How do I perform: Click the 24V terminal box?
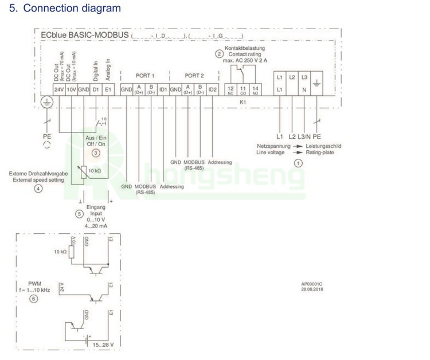tap(58, 90)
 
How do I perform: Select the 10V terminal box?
tap(71, 90)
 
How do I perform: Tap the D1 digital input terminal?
tap(96, 90)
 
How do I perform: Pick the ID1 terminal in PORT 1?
tap(163, 90)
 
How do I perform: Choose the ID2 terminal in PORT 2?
tap(212, 90)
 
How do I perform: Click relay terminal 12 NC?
tap(230, 90)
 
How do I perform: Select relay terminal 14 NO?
tap(255, 90)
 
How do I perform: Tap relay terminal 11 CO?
tap(243, 90)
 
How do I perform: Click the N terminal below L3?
tap(304, 90)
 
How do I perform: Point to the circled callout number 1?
tap(298, 163)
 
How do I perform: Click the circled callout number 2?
tap(219, 54)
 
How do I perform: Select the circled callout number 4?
tap(38, 189)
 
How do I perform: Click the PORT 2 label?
tap(194, 76)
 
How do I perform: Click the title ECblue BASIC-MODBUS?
tap(85, 36)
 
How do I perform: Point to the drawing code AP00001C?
tap(312, 284)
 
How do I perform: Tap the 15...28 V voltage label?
tap(104, 345)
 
